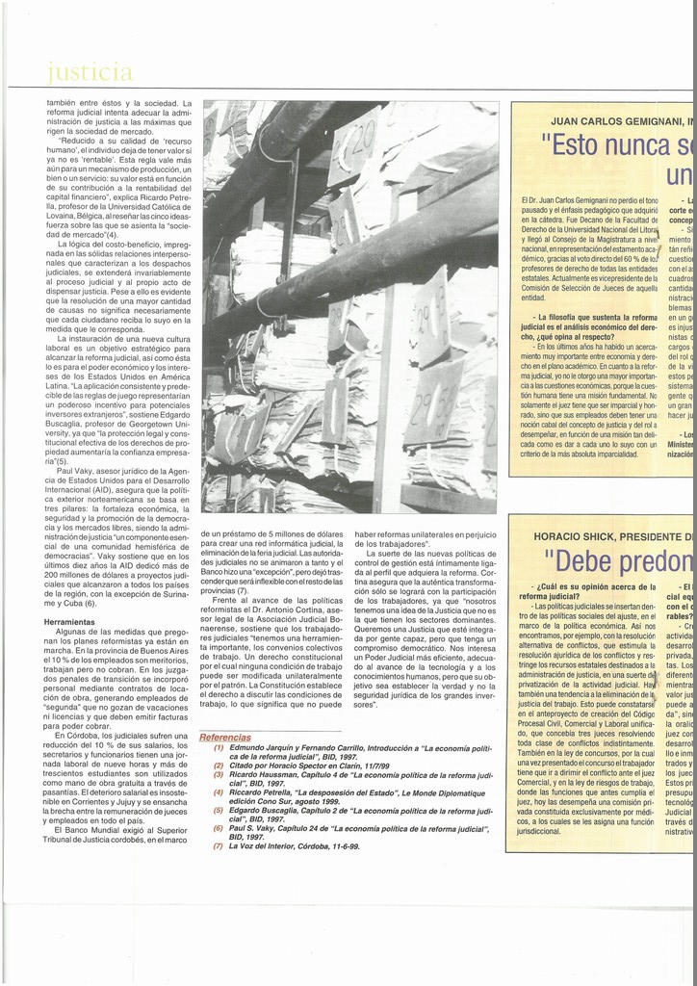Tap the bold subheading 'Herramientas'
click(70, 622)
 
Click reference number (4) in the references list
click(219, 791)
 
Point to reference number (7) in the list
click(219, 845)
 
